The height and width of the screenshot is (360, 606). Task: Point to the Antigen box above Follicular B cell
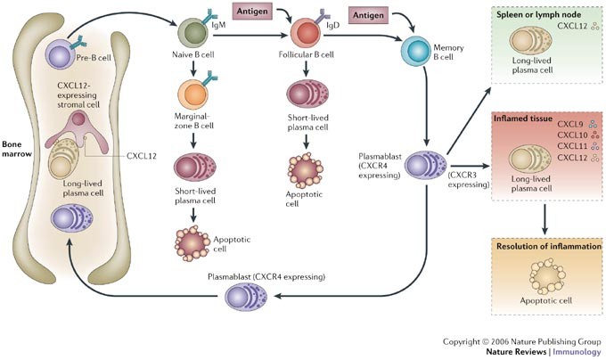pos(258,12)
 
